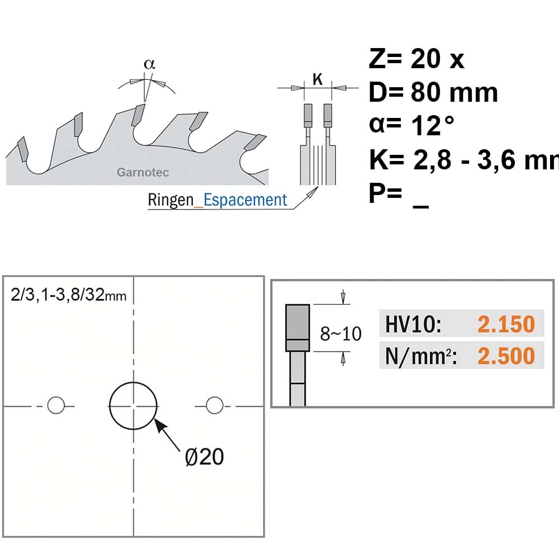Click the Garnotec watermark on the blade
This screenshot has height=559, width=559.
coord(143,172)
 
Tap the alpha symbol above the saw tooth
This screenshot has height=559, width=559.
coord(149,64)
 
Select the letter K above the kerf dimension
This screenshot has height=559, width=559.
coord(318,79)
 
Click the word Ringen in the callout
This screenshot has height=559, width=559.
coord(170,200)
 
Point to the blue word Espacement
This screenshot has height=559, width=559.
coord(245,200)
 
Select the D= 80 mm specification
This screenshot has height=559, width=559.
coord(433,92)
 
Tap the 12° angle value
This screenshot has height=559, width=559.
coord(433,125)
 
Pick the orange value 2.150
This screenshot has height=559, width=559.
coord(506,324)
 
